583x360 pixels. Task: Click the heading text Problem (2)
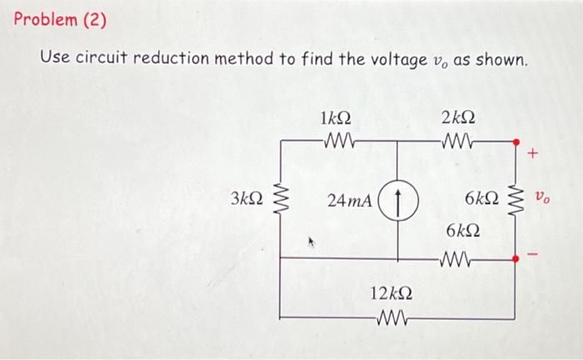[x=61, y=20]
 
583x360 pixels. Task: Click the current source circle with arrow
[x=397, y=200]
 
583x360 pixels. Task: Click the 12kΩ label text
[x=391, y=294]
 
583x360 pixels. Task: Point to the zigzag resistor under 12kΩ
[x=391, y=317]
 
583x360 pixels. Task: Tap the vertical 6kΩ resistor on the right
[x=515, y=199]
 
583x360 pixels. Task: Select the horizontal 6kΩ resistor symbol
[x=460, y=257]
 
